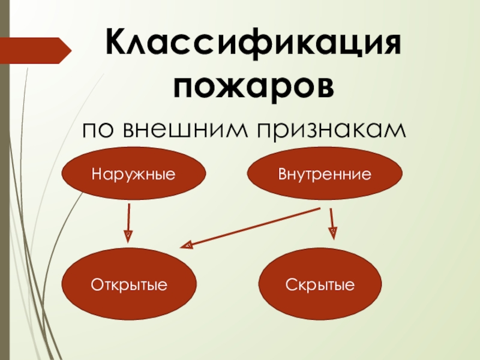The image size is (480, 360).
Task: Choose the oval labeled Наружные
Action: click(133, 174)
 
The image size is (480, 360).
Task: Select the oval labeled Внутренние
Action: click(325, 174)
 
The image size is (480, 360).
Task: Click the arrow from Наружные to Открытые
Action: click(128, 219)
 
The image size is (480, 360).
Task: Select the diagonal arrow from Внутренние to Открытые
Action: click(252, 227)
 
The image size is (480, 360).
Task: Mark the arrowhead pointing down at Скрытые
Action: click(333, 232)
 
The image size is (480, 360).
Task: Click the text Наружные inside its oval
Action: click(133, 175)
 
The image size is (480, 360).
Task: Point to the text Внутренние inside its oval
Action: click(325, 175)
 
